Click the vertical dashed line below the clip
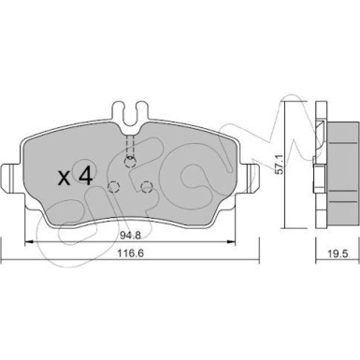tap(131, 140)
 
